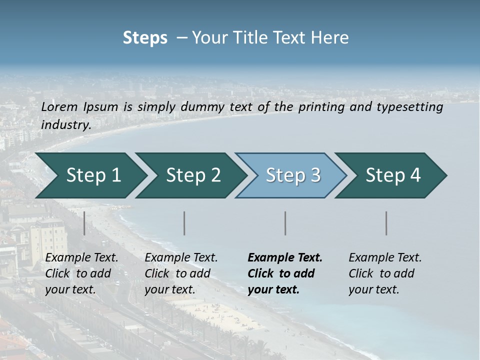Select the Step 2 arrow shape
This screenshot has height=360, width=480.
tap(192, 175)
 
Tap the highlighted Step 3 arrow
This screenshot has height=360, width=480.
tap(292, 175)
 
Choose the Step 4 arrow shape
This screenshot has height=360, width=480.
tap(392, 175)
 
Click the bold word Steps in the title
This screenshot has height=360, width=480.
tap(145, 38)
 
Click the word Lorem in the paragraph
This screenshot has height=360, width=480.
tap(59, 106)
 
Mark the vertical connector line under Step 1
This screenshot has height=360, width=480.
tap(84, 223)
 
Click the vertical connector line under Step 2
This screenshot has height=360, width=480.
tap(184, 223)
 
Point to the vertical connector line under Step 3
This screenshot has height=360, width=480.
tap(285, 223)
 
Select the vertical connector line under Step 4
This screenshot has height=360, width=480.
tap(386, 223)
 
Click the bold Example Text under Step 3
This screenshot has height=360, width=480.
tap(285, 257)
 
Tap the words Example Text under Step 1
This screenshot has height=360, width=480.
tap(81, 257)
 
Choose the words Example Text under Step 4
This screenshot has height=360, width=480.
tap(385, 257)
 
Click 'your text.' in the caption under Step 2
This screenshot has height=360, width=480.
tap(169, 289)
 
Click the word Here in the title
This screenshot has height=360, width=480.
tap(332, 38)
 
